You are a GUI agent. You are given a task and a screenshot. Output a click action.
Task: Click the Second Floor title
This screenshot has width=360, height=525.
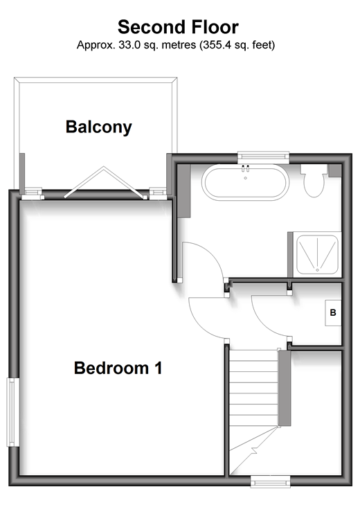(x=178, y=27)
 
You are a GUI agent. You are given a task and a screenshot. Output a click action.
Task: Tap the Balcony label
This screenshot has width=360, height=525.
(x=99, y=127)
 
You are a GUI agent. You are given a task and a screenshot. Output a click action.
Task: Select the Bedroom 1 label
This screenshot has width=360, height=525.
(x=118, y=368)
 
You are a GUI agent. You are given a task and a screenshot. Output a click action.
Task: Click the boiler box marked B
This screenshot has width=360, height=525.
(x=333, y=313)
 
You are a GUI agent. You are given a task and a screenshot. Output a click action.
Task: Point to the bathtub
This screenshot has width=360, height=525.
(x=245, y=182)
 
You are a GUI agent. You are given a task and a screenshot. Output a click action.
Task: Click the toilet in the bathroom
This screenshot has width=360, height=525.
(x=314, y=181)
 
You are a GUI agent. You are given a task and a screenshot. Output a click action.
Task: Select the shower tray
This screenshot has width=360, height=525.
(x=317, y=254)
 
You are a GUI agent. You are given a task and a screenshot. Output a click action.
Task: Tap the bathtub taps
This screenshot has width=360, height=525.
(x=245, y=168)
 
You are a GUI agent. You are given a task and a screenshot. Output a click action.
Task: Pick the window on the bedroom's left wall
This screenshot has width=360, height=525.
(x=12, y=412)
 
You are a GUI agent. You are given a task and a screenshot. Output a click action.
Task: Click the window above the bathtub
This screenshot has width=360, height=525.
(x=263, y=157)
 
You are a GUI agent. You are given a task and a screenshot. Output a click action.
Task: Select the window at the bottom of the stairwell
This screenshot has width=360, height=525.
(x=270, y=482)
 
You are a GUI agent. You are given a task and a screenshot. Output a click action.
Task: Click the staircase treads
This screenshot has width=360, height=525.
(x=253, y=389)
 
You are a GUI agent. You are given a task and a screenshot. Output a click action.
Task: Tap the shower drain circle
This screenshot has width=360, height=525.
(x=317, y=270)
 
